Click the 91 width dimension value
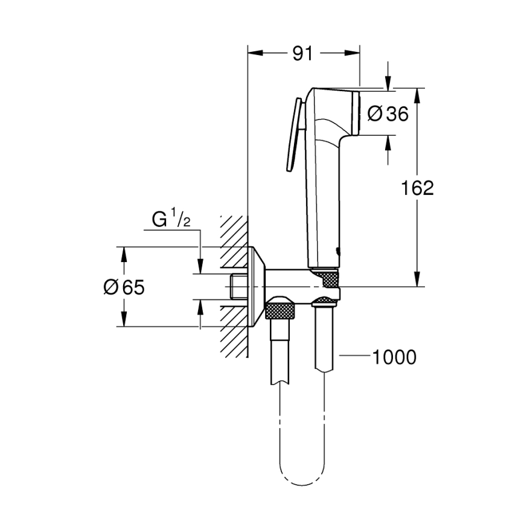303,54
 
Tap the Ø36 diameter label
388,113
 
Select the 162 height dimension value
418,188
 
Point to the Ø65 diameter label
124,287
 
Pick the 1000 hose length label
394,357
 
